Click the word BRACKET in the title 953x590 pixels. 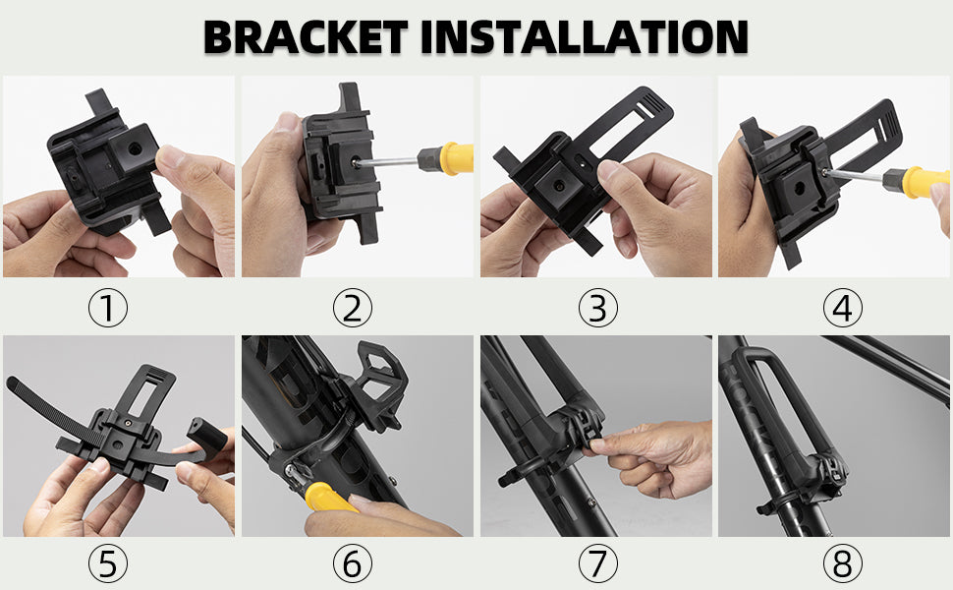tap(306, 37)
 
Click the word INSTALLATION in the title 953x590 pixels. tap(584, 37)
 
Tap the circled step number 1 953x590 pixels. tap(108, 307)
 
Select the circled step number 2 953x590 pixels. tap(353, 307)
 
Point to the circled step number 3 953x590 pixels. tap(598, 307)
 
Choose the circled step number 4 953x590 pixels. tap(842, 307)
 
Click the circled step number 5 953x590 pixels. tap(108, 563)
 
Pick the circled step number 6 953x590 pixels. tap(353, 563)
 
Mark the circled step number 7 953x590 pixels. tap(598, 563)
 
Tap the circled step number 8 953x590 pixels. tap(842, 563)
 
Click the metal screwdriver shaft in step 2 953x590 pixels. tap(388, 162)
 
